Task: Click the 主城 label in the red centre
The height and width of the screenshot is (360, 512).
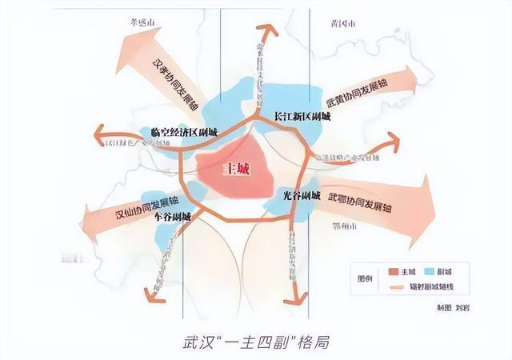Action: point(234,170)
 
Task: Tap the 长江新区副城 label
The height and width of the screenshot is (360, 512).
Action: point(302,115)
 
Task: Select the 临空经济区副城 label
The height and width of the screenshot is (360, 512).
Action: point(178,132)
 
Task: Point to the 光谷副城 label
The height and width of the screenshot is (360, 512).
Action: point(301,195)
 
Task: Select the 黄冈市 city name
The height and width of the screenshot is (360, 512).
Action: point(337,24)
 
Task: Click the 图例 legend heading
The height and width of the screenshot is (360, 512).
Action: point(364,280)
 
